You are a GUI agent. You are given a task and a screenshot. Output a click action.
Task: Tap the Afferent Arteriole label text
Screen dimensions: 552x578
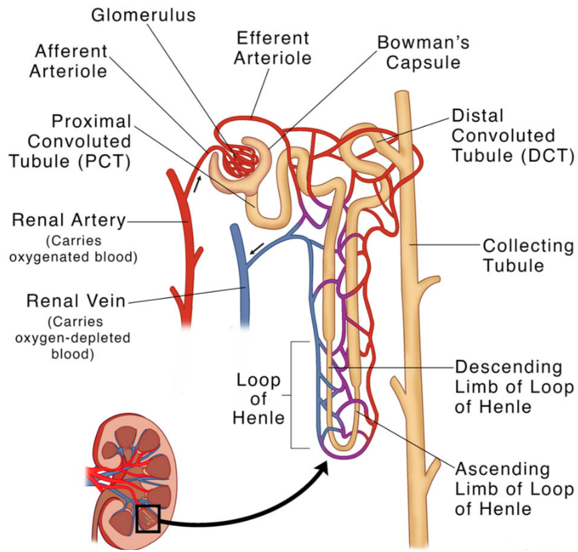point(68,60)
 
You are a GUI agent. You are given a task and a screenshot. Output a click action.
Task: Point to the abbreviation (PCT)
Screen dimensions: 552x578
point(107,162)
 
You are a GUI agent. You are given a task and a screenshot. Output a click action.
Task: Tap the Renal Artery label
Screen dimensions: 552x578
point(69,220)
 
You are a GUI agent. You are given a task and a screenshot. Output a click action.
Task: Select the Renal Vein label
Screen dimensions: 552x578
point(76,300)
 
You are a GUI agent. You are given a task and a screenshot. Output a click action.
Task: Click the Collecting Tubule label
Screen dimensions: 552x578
point(528,255)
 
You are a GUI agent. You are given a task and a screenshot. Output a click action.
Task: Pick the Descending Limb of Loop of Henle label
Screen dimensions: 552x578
point(514,387)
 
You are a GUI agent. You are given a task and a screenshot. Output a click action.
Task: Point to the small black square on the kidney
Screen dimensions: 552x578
point(148,518)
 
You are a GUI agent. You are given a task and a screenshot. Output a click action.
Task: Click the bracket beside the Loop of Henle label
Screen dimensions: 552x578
point(292,394)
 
